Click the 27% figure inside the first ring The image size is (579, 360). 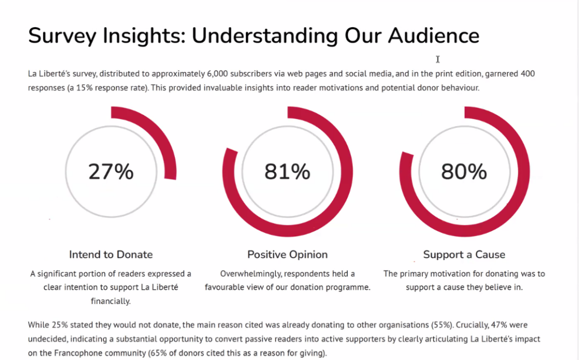tap(111, 171)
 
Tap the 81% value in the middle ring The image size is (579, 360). tap(287, 171)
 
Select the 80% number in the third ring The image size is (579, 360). tap(464, 171)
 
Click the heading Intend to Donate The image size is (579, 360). tap(111, 254)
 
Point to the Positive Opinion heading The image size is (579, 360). tap(287, 254)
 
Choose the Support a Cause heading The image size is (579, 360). tap(464, 254)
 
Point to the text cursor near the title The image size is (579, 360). tap(438, 59)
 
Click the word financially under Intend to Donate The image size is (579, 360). tap(111, 301)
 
